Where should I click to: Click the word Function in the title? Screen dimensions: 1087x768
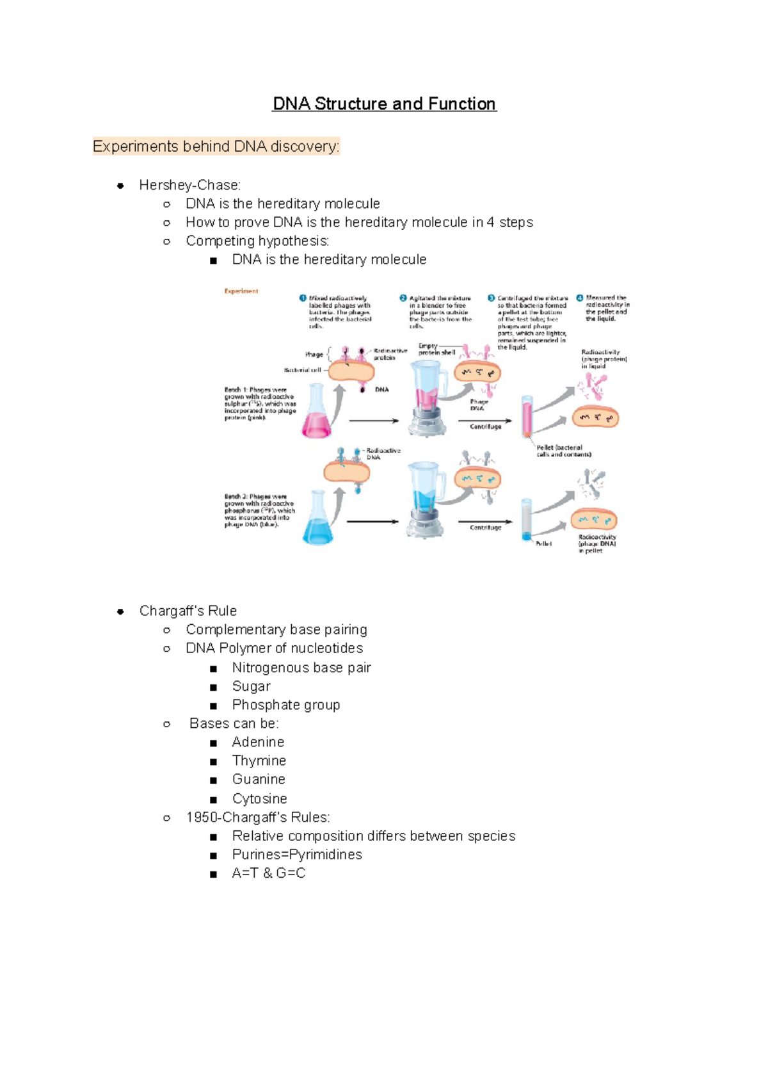tap(461, 104)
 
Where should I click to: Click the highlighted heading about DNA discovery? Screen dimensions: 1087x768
tap(216, 147)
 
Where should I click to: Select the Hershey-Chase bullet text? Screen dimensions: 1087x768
tap(189, 185)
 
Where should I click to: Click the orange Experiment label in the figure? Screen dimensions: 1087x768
tap(241, 291)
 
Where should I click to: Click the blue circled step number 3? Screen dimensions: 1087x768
tap(492, 298)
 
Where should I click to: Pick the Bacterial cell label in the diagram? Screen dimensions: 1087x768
tap(302, 370)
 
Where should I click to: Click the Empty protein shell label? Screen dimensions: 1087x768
tap(436, 349)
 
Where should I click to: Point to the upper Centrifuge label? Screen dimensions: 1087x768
tap(486, 426)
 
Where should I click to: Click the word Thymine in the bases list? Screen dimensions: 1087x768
tap(259, 761)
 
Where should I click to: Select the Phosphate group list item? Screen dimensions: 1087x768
tap(285, 705)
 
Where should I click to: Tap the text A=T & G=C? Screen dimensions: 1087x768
tap(268, 873)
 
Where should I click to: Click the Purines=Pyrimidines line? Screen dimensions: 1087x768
tap(296, 855)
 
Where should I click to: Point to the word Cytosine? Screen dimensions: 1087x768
tap(259, 799)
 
